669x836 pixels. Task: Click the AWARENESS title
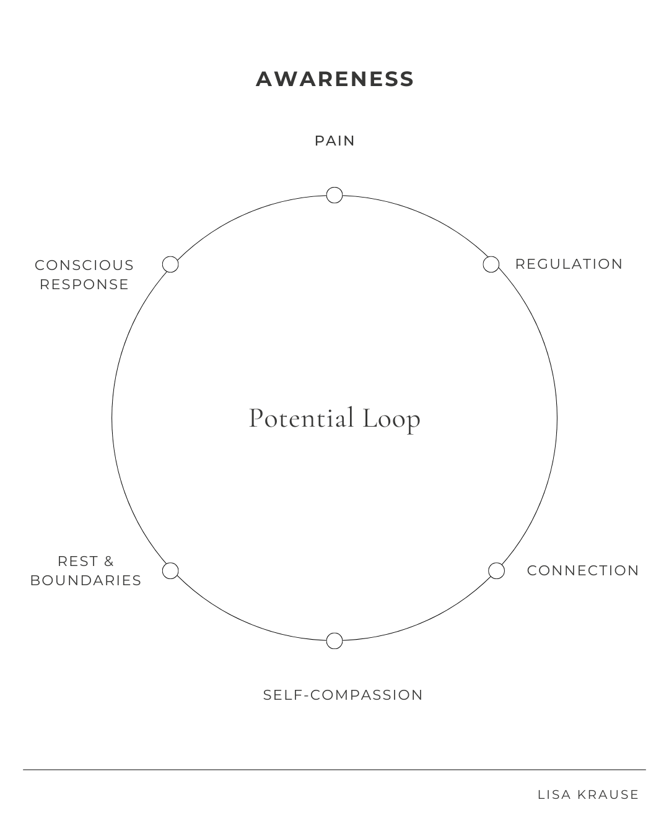(x=334, y=79)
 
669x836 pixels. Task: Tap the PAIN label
(x=334, y=141)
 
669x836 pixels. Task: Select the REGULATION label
(x=569, y=264)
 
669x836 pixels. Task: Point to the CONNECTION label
(x=582, y=570)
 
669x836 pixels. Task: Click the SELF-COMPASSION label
(x=343, y=695)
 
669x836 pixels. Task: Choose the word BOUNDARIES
(x=85, y=580)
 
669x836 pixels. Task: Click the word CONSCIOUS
(x=84, y=265)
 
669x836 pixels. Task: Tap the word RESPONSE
(x=84, y=284)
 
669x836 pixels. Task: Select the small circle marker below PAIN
(x=334, y=195)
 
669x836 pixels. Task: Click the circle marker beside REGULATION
(x=491, y=264)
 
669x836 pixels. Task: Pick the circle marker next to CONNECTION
(x=496, y=570)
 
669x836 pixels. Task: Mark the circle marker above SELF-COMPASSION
(x=334, y=640)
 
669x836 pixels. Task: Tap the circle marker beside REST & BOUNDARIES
(x=170, y=570)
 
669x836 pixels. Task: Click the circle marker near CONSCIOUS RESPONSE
(x=170, y=264)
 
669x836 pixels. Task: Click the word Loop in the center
(x=391, y=419)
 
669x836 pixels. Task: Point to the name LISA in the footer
(x=555, y=795)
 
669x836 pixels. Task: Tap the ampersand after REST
(x=109, y=561)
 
